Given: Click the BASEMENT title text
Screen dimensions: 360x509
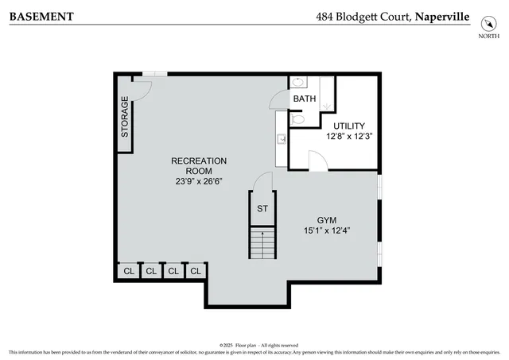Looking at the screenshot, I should (41, 16).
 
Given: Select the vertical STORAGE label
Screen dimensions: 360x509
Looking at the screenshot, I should (125, 117).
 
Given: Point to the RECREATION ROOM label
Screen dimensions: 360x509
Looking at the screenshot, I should (199, 165).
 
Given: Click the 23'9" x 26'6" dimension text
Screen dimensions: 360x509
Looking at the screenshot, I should (199, 181).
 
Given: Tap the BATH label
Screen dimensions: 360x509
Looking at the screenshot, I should (304, 99).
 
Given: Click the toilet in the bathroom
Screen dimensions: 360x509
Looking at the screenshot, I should (297, 118).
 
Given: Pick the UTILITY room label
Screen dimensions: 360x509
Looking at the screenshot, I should (349, 126).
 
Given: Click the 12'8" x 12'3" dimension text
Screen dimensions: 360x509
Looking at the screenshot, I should (349, 136).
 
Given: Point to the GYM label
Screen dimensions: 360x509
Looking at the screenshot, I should (327, 219).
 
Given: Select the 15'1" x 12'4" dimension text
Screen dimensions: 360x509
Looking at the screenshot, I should (327, 230).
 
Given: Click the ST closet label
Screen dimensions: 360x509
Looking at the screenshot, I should (262, 209).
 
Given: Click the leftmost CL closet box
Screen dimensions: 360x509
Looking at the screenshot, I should (128, 271).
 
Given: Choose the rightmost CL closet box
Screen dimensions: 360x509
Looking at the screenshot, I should (196, 271).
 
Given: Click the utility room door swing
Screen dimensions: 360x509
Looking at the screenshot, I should (317, 161).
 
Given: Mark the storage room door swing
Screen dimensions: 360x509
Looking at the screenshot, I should (139, 87).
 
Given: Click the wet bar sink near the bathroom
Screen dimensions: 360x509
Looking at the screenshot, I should (282, 138).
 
